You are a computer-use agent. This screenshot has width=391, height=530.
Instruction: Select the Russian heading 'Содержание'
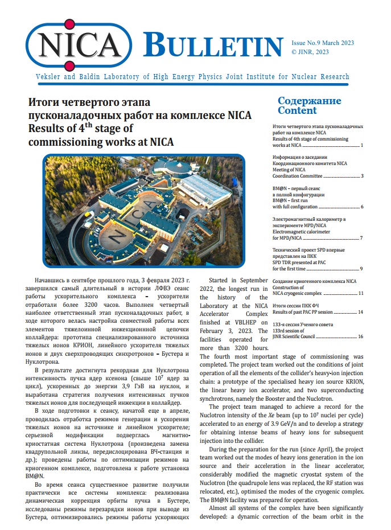309,101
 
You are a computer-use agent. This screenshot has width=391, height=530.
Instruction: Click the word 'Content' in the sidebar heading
297,110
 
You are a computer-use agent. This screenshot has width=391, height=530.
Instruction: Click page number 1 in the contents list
362,146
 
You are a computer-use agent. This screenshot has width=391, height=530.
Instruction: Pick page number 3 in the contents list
362,176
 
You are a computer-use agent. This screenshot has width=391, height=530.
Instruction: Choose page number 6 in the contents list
362,207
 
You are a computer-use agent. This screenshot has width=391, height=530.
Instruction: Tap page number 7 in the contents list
362,237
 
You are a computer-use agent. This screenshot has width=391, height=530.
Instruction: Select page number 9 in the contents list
362,268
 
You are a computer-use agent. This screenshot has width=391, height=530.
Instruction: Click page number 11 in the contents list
361,293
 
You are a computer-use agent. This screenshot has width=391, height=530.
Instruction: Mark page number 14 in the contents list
361,313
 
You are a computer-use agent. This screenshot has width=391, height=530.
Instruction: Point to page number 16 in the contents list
361,337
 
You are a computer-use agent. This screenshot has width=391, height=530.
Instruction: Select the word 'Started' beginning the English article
224,281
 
